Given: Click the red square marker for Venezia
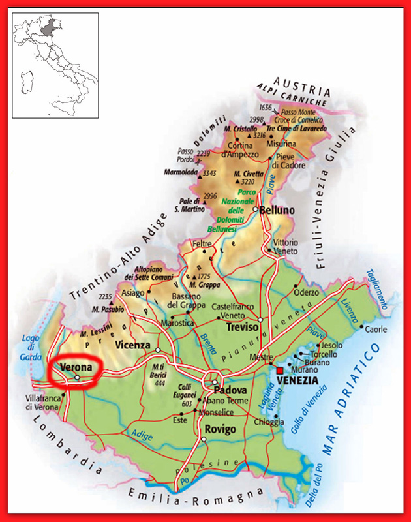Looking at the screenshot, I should tap(280, 370).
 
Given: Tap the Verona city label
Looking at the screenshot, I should tap(74, 368).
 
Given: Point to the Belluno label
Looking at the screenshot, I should tap(277, 211).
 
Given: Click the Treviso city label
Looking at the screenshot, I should tap(244, 329).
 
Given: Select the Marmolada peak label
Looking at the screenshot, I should tap(179, 173).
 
